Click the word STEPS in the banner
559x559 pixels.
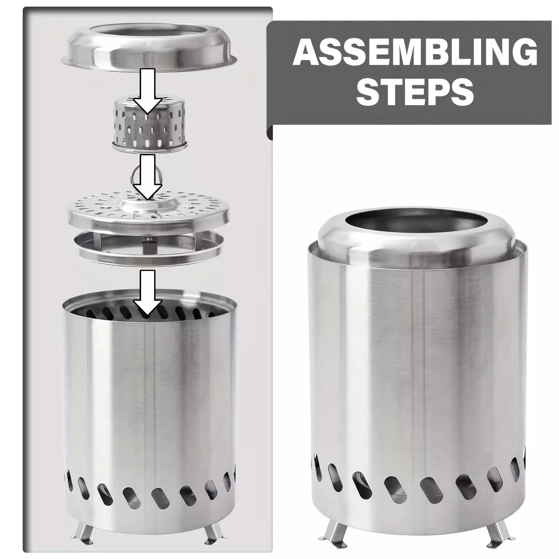click(415, 91)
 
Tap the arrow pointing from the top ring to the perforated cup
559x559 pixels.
click(147, 91)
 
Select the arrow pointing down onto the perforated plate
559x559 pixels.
click(147, 177)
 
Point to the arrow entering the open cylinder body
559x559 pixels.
click(147, 293)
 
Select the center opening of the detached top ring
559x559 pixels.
click(149, 34)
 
